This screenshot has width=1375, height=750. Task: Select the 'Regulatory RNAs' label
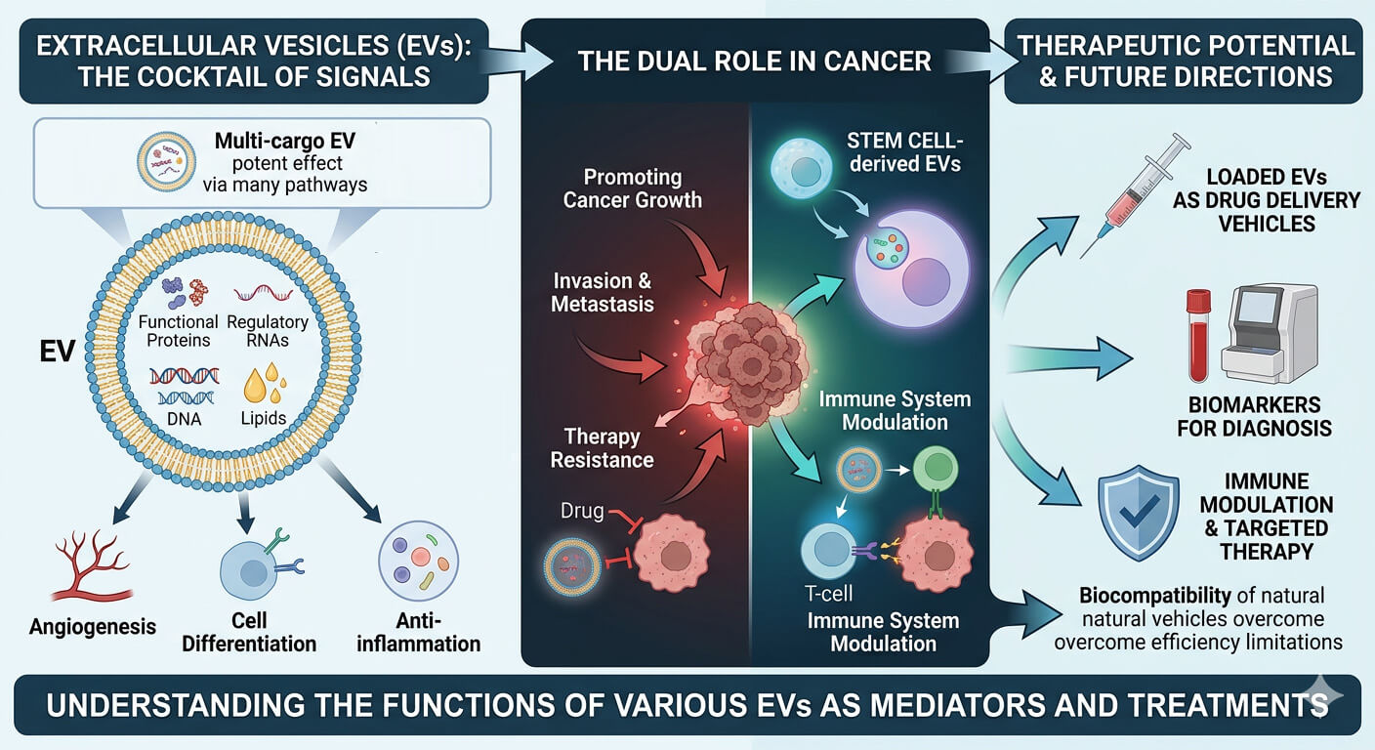267,330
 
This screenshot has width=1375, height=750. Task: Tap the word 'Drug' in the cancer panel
582,511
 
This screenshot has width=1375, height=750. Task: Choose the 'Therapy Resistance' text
602,448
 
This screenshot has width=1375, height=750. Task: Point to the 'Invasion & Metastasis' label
602,292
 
